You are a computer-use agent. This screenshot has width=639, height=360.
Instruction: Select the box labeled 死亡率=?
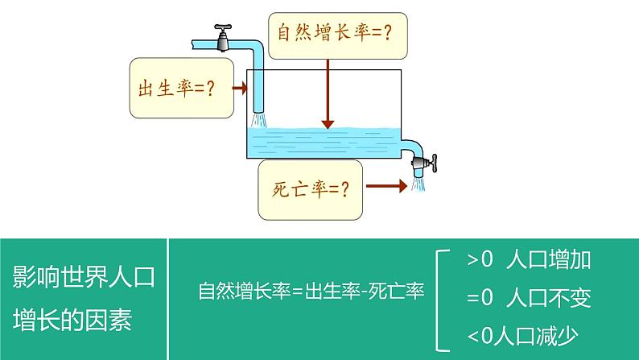pyautogui.click(x=310, y=189)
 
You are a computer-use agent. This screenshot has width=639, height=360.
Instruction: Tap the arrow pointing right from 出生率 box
pyautogui.click(x=238, y=89)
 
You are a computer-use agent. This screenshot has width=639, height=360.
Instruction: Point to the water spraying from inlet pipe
pyautogui.click(x=258, y=120)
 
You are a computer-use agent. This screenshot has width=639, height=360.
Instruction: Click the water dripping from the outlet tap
pyautogui.click(x=418, y=184)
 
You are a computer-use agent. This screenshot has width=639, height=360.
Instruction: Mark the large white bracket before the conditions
pyautogui.click(x=441, y=299)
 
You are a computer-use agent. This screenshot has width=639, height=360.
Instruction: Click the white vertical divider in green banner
pyautogui.click(x=167, y=299)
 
